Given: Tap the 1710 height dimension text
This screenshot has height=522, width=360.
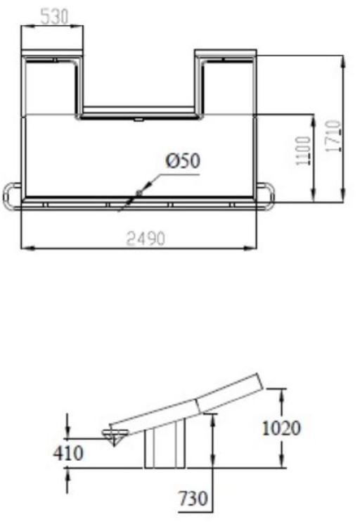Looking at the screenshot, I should click(333, 136).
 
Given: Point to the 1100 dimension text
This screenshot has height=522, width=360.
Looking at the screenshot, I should click(304, 151).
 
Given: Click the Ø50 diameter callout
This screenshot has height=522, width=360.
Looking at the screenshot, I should click(183, 161).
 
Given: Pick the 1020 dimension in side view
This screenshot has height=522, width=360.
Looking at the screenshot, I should click(282, 427).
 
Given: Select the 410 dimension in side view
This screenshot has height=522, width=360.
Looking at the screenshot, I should click(68, 453).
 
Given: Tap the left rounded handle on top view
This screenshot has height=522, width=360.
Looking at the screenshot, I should click(12, 196).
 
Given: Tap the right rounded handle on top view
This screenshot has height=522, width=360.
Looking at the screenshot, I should click(266, 196).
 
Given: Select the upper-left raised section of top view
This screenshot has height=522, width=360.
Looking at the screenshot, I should click(53, 83).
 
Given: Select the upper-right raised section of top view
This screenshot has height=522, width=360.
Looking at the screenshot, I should click(225, 83).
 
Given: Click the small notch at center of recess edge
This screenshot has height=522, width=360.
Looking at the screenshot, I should click(139, 119).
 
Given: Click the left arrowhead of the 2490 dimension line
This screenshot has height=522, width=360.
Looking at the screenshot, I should click(25, 248).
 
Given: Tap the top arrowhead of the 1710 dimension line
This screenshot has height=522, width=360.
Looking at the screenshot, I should click(342, 58).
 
